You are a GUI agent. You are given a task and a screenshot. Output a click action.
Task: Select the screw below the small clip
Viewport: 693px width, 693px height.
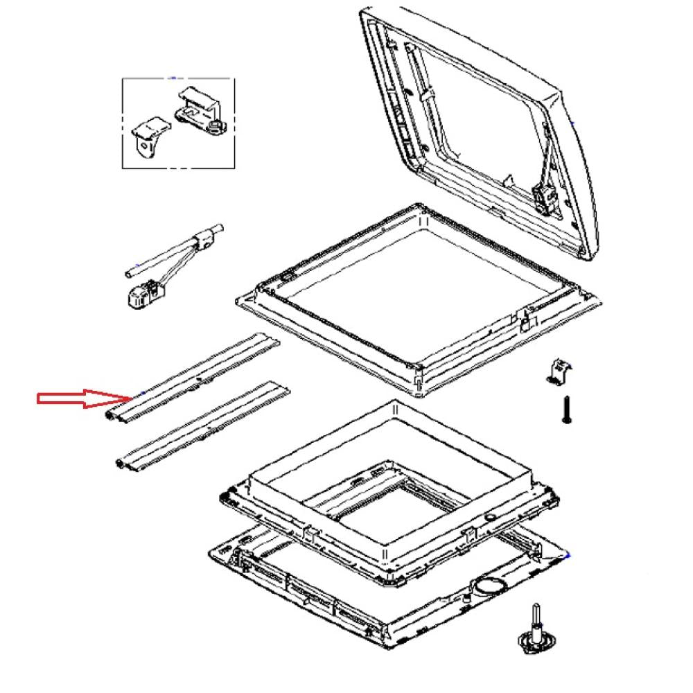(x=566, y=410)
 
